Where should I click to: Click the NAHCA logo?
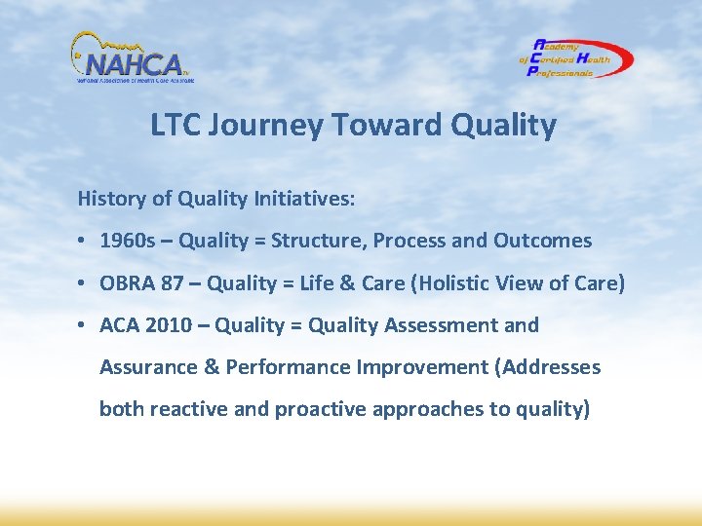[132, 58]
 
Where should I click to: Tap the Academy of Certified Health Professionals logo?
[575, 58]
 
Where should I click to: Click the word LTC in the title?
[175, 126]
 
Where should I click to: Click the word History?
[110, 199]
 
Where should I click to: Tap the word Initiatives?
[303, 199]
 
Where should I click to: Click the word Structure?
[314, 241]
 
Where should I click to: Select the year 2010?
[168, 325]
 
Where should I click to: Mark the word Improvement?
[421, 367]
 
